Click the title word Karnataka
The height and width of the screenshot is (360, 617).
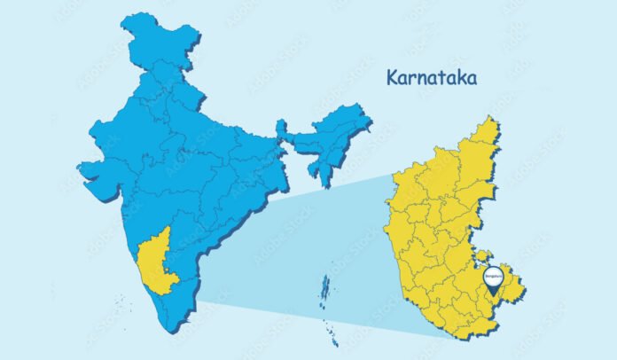[x=432, y=78]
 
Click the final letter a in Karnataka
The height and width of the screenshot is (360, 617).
[x=473, y=80]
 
